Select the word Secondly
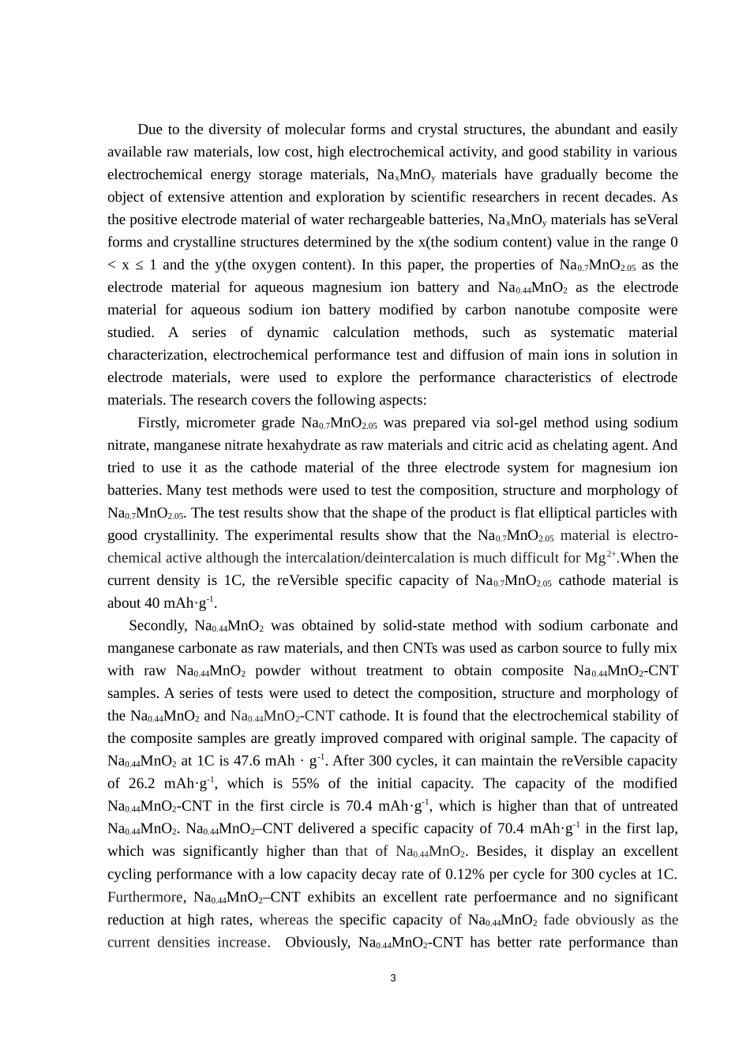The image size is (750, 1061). point(157,626)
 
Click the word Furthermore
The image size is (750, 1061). point(146,898)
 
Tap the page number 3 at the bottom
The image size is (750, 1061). point(393,979)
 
